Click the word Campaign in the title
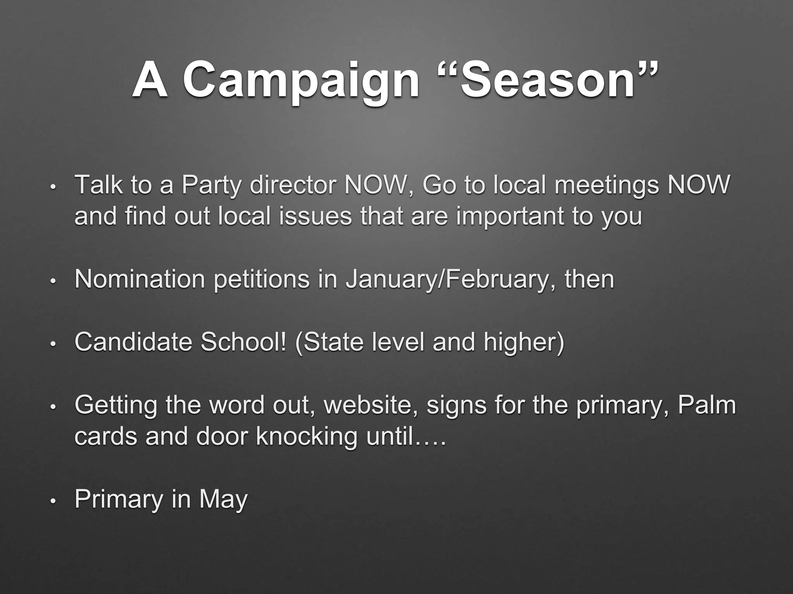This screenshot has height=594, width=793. coord(301,81)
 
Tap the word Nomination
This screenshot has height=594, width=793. coord(140,279)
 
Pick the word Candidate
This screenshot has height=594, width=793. coord(133,342)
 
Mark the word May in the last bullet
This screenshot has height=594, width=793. coord(223,500)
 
